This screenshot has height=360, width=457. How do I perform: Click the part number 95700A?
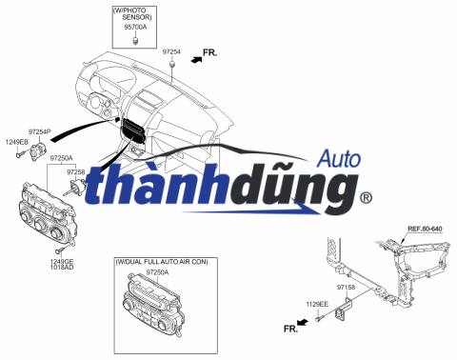(136, 28)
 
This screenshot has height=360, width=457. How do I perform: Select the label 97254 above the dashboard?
(171, 50)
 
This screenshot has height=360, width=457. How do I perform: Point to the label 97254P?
(40, 130)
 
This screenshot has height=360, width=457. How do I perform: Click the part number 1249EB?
(17, 142)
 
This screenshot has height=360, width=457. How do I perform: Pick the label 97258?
(75, 172)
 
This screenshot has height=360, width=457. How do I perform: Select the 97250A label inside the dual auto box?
(157, 272)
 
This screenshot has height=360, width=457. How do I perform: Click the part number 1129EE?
(317, 304)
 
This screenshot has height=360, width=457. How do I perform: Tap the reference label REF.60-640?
(425, 230)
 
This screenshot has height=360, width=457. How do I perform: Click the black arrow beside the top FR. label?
(196, 59)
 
